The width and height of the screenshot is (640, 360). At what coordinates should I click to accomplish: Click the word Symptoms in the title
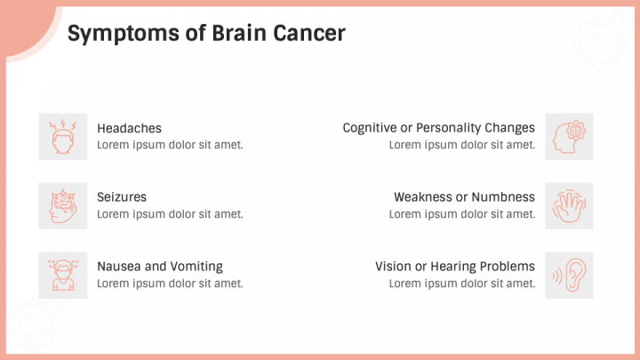113,34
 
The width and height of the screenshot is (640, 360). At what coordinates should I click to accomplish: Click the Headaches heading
129,128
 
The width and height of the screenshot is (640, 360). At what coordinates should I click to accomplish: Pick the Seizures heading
122,196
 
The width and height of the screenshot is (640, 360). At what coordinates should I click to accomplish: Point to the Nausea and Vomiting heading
160,266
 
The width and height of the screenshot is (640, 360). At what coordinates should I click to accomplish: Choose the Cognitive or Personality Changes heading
438,128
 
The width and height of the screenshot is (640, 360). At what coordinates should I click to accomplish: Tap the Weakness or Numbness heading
464,196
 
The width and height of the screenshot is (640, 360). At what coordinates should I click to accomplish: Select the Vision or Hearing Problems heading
454,266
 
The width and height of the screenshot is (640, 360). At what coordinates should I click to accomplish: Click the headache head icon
62,137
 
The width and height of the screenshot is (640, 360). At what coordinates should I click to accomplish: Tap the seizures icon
62,206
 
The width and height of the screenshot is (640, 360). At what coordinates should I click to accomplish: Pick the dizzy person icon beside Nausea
62,275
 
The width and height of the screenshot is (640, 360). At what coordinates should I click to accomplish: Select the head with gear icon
569,137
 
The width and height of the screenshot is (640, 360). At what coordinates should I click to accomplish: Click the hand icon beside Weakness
569,206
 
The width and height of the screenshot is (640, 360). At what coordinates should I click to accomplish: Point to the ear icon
569,275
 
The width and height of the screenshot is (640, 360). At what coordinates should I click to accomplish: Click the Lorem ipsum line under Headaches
170,145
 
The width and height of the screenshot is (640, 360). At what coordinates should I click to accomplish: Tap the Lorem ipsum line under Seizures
170,213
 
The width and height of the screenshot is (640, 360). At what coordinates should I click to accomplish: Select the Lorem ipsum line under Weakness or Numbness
461,213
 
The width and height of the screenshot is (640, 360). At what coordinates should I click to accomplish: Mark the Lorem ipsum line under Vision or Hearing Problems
461,283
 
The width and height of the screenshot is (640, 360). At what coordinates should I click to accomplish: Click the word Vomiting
196,266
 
